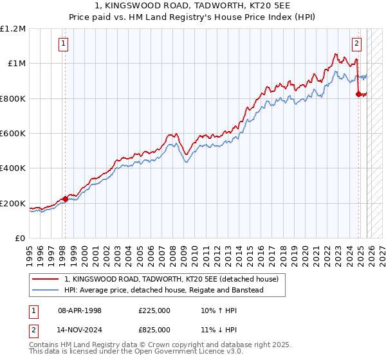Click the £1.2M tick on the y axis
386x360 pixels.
coord(13,29)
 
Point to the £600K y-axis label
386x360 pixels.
coord(13,134)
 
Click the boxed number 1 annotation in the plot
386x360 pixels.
coord(64,44)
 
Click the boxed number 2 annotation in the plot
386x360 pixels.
coord(356,44)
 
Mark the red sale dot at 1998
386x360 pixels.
coord(65,199)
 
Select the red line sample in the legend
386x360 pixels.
coord(45,280)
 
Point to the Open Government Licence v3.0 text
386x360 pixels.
coord(167,352)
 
